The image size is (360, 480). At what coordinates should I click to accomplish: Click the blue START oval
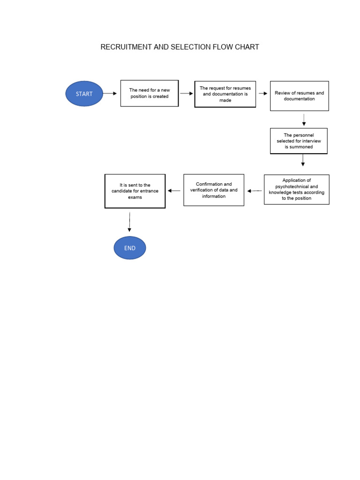point(84,94)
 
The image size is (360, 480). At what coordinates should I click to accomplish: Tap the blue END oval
point(130,248)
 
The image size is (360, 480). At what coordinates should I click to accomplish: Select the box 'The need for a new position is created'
point(150,93)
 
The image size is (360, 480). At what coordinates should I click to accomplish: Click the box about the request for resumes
point(225,94)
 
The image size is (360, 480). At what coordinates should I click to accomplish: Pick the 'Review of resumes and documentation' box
point(299,96)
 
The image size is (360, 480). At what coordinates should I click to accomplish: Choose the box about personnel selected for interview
point(299,141)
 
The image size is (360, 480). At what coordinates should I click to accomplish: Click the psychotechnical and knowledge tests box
point(297,189)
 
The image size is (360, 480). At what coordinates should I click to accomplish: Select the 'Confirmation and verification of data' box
point(214,190)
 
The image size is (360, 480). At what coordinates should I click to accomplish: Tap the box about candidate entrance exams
point(135,191)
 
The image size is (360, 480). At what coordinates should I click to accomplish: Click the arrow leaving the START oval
point(110,94)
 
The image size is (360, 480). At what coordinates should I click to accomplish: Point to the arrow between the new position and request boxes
point(187,94)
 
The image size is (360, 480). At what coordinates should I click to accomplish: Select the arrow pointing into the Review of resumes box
point(263,94)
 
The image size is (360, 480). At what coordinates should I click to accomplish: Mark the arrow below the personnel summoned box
point(303,160)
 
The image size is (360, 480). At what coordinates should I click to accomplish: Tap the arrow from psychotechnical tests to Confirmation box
point(255,191)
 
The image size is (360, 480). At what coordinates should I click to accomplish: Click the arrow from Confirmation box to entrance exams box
point(174,191)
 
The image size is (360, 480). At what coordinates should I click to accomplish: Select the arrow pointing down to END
point(129,222)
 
